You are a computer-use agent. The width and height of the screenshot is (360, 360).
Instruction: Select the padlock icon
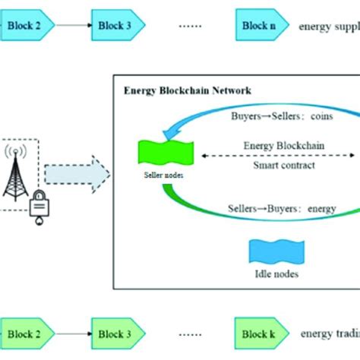tap(36, 206)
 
